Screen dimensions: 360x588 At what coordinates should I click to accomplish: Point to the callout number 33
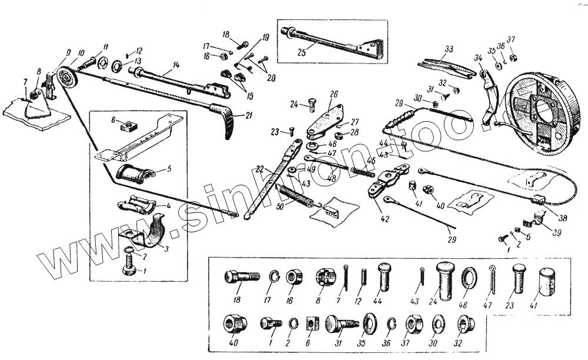(449, 49)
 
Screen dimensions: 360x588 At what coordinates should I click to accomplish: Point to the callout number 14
(175, 64)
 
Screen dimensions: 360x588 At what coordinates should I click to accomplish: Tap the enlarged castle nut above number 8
(322, 276)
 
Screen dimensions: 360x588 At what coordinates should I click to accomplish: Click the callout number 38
(563, 218)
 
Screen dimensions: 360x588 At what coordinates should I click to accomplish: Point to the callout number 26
(333, 94)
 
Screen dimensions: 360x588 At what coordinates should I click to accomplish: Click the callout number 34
(477, 57)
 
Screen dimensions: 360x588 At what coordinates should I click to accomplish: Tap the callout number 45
(371, 160)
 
